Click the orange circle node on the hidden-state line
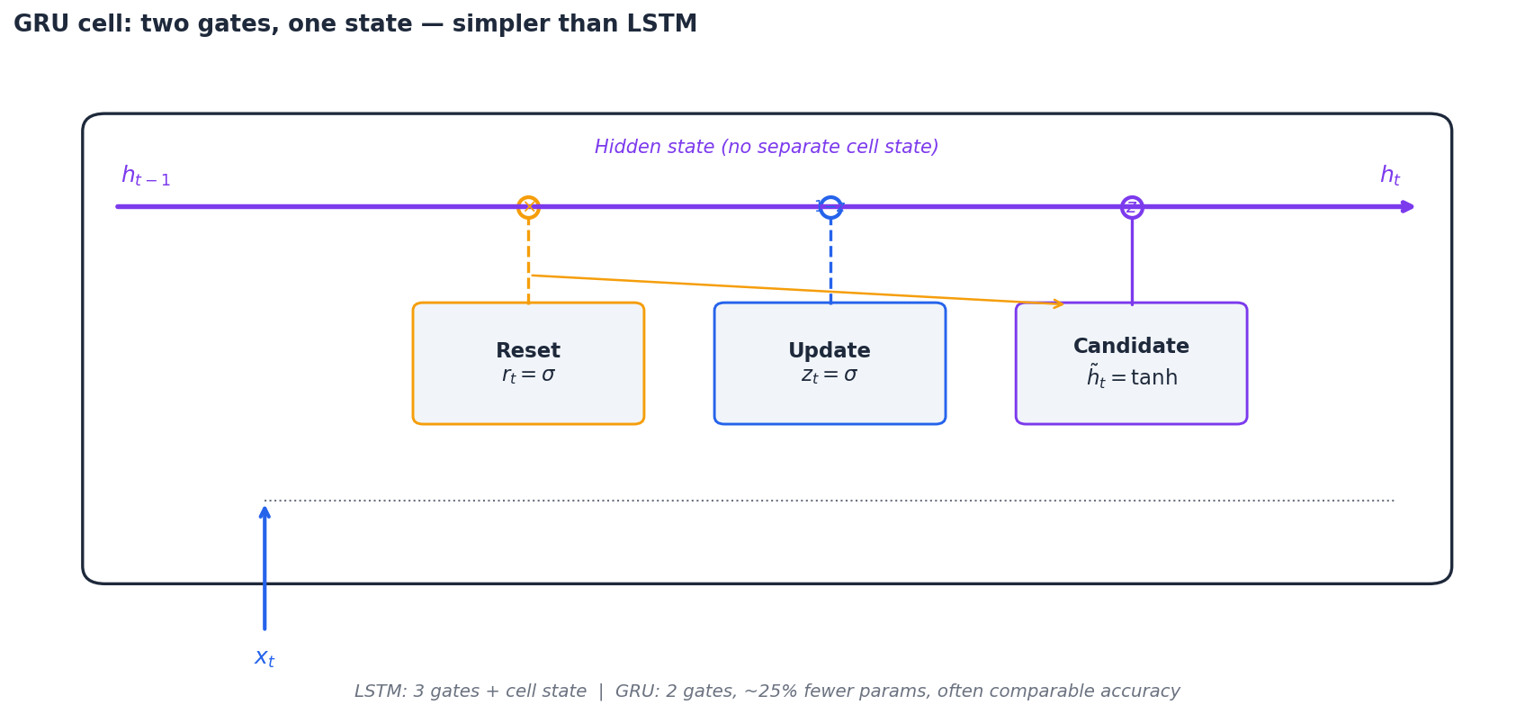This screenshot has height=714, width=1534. pos(528,207)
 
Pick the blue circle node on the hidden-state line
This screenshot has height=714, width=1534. pos(830,207)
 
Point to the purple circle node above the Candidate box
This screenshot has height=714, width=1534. pos(1132,207)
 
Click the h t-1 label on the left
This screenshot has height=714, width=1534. pos(145,176)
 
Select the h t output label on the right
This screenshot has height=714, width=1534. pos(1389,176)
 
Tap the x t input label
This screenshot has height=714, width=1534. pos(265,658)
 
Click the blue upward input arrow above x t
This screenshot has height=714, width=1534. pos(265,567)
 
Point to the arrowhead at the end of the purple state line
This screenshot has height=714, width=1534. pos(1408,207)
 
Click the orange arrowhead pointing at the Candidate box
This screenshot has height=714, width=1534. pos(1058,304)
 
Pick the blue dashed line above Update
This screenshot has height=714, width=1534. pos(830,261)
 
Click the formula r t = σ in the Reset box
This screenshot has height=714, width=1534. pos(528,375)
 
